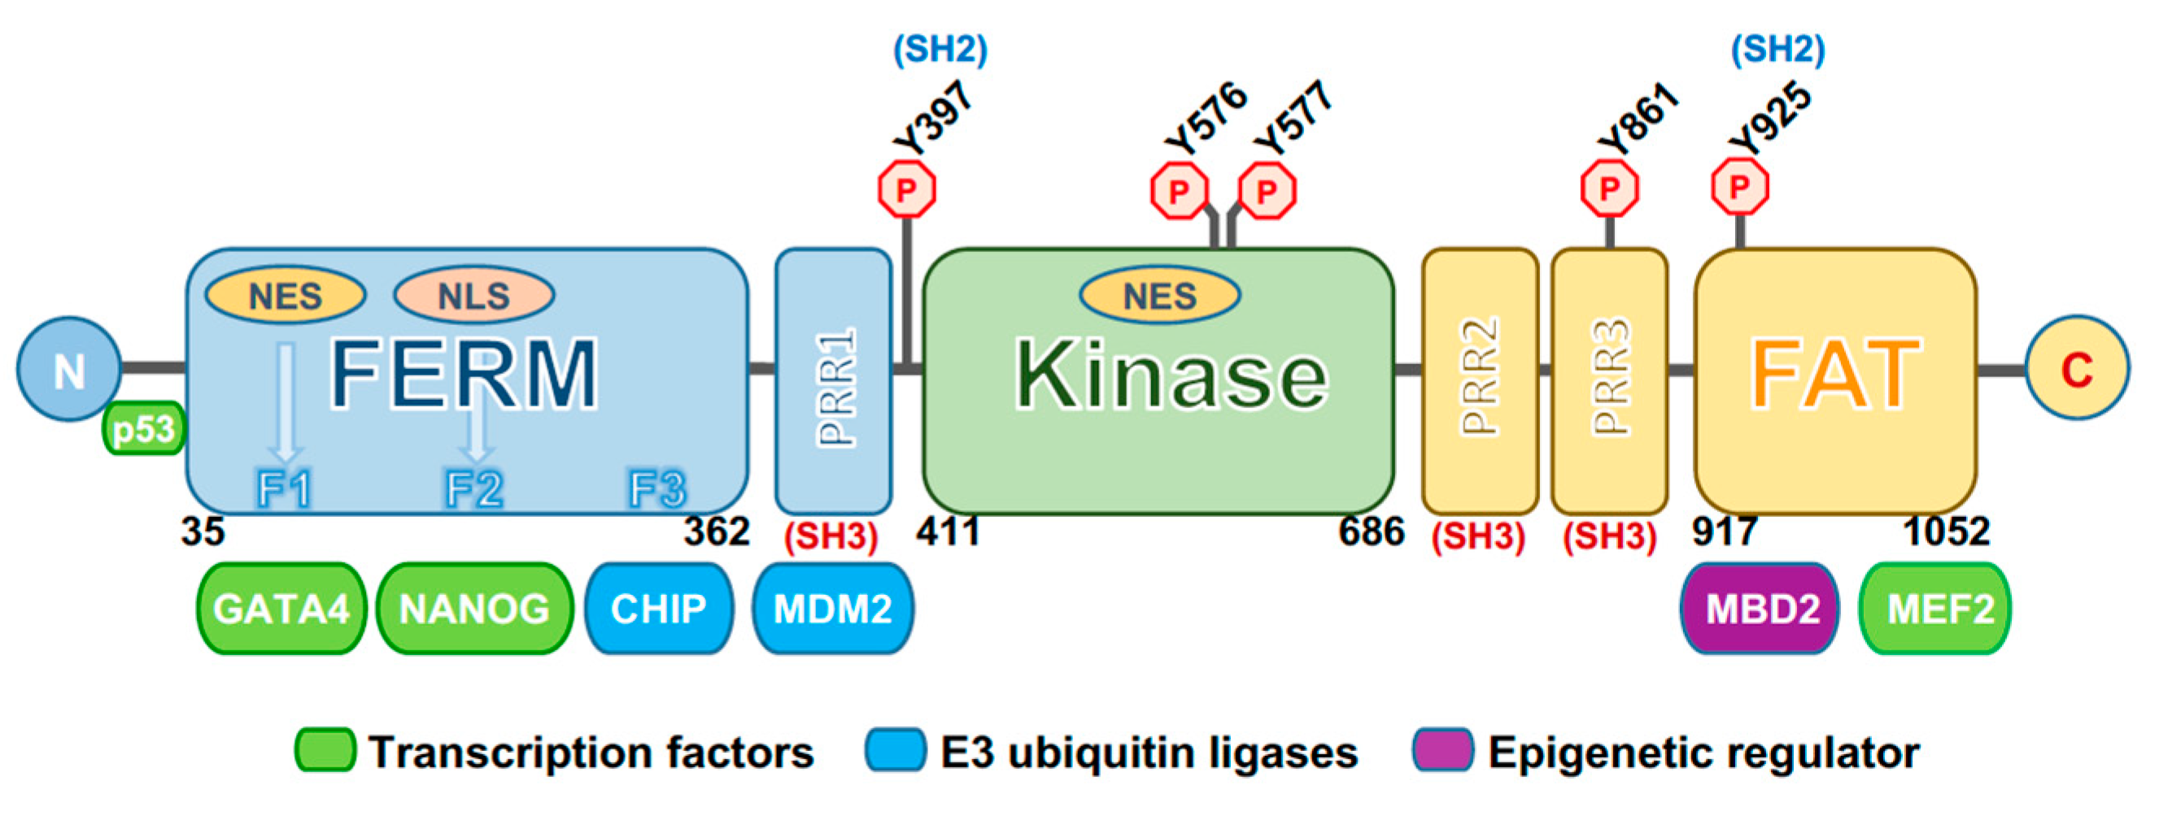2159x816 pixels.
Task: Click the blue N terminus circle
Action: (68, 369)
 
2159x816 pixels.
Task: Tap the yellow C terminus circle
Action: (2077, 369)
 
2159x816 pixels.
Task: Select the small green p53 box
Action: (143, 429)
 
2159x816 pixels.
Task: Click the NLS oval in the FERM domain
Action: (473, 296)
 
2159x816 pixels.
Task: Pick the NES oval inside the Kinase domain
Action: (1159, 296)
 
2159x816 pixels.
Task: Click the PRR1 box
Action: (834, 382)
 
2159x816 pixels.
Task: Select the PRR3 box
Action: (1609, 382)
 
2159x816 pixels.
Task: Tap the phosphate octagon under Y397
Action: (907, 190)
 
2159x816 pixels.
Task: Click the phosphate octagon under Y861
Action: (1609, 189)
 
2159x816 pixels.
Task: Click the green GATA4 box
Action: (281, 609)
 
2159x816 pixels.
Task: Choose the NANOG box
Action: (474, 609)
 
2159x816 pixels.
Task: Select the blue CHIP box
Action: (659, 609)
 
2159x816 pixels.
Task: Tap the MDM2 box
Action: (832, 609)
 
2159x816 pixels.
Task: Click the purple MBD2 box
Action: (1761, 609)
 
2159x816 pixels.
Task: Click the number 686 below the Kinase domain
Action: (1372, 532)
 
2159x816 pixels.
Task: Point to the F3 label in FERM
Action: (657, 488)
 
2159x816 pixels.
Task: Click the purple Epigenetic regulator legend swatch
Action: (1442, 750)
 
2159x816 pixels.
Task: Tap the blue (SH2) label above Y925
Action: (1777, 50)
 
